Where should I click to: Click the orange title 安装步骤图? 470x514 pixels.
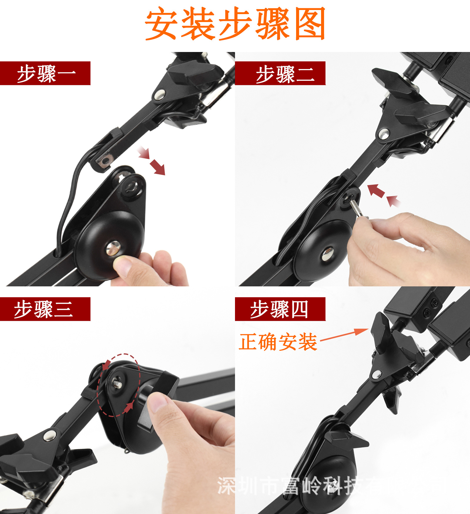click(x=235, y=23)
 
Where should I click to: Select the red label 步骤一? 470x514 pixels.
click(x=45, y=73)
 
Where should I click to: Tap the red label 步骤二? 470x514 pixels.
click(x=280, y=73)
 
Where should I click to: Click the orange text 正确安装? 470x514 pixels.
click(x=278, y=342)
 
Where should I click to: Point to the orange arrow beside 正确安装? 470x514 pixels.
click(x=344, y=335)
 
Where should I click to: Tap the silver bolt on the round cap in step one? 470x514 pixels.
click(x=113, y=248)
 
